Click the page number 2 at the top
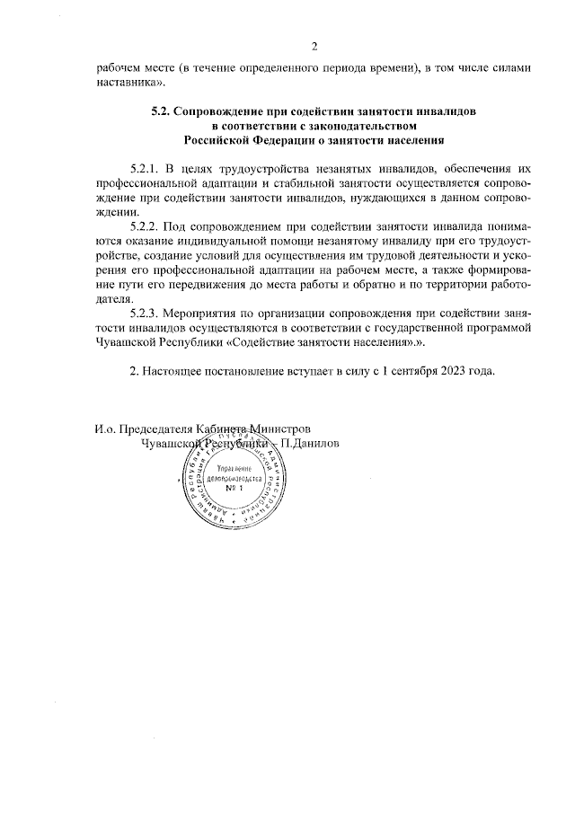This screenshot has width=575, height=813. point(314,47)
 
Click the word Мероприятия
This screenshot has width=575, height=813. point(206,313)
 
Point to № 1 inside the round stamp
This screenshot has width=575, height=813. point(234,487)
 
